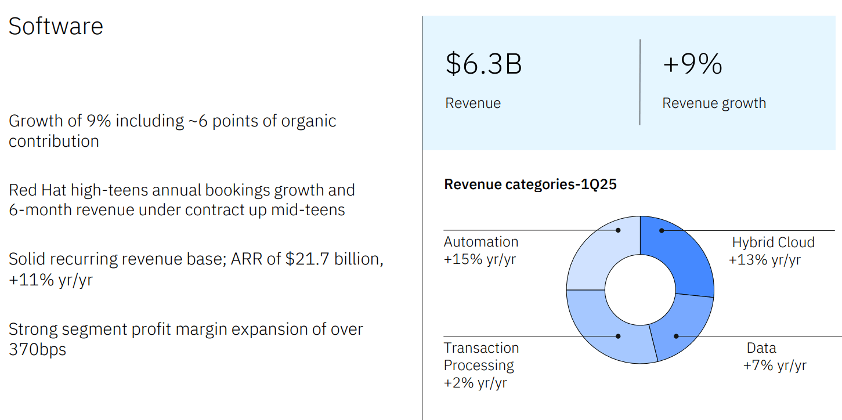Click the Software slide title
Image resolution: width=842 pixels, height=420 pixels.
coord(56,27)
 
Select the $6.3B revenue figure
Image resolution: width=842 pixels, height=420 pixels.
coord(483,64)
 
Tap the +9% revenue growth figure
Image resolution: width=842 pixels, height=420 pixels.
coord(692,64)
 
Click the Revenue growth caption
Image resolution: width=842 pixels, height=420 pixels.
coord(714,103)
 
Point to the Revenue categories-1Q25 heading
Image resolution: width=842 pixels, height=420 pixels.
coord(530,184)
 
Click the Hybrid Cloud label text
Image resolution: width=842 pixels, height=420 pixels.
coord(773,242)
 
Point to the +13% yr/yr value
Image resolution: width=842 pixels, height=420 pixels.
coord(764,259)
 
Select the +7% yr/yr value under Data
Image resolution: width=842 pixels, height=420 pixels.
coord(775,365)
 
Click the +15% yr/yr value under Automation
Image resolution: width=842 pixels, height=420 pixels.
coord(479,259)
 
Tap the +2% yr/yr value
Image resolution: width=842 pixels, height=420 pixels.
coord(475,383)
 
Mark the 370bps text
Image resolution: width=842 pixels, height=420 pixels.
coord(37,350)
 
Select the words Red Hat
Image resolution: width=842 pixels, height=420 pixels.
coord(35,190)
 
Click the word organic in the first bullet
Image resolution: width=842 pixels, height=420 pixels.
coord(308,121)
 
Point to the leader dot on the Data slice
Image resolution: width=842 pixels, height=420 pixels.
coord(676,336)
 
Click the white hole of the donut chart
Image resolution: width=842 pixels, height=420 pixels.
coord(640,290)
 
